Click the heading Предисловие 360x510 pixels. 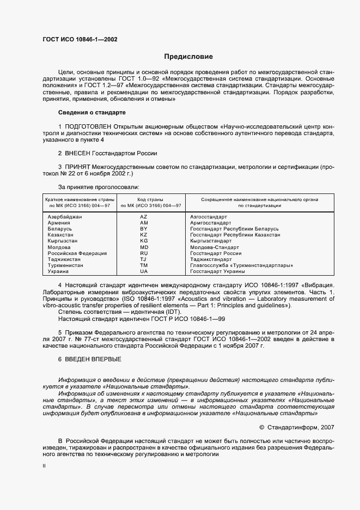point(189,57)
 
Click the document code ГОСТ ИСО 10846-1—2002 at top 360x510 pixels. point(80,39)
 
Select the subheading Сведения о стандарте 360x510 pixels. point(91,113)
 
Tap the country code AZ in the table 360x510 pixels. point(144,217)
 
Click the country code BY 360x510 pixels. point(144,229)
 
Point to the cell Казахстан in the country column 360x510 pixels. point(61,235)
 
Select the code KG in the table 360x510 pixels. point(144,241)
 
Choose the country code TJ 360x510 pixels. point(144,259)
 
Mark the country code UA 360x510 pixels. point(144,271)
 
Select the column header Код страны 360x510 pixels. point(144,199)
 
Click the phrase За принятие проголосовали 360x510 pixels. point(93,187)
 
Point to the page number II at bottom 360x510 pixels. point(44,466)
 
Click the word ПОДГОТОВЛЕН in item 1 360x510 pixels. point(86,126)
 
